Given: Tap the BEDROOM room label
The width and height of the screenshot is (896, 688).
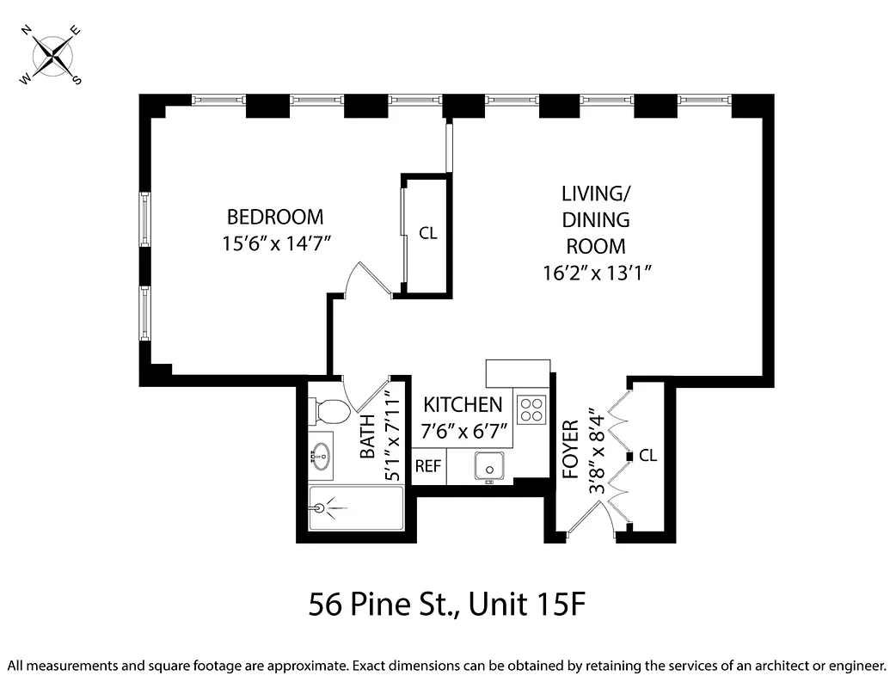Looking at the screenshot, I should (275, 216).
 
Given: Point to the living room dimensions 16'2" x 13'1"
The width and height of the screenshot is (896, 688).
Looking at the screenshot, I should (594, 273).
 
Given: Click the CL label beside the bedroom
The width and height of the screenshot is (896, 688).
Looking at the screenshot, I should (427, 233).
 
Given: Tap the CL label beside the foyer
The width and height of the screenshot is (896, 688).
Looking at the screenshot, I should (647, 456).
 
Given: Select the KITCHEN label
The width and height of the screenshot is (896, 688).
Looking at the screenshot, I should (463, 404).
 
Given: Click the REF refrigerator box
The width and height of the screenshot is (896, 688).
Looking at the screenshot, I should (428, 467).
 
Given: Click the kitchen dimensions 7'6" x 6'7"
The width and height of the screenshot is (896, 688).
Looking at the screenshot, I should (463, 431).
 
